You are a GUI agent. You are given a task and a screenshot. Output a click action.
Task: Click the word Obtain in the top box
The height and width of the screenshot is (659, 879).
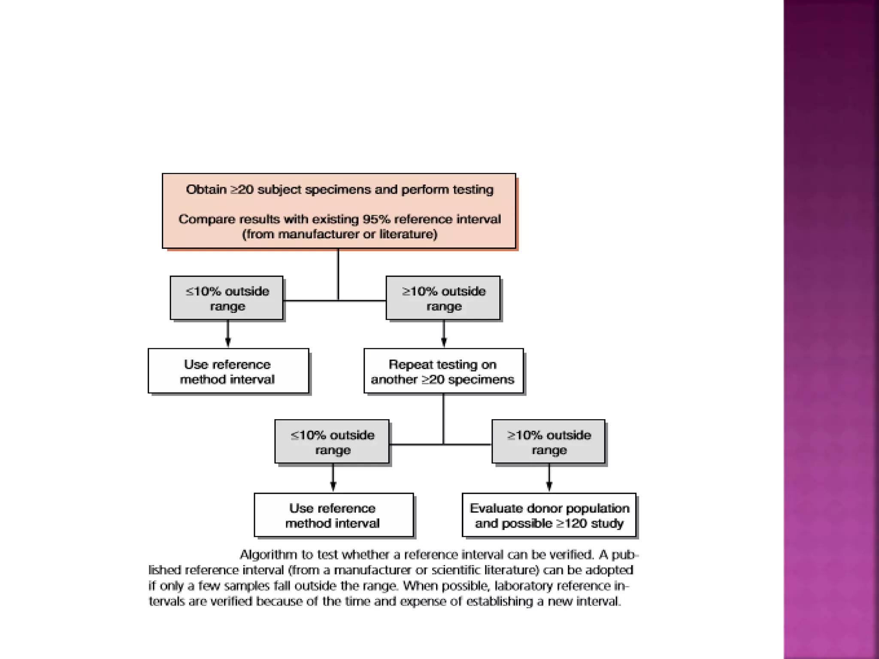(206, 190)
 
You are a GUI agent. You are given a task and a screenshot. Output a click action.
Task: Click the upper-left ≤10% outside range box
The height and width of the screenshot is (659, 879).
(227, 298)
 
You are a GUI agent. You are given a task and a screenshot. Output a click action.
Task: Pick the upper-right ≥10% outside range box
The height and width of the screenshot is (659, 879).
(443, 298)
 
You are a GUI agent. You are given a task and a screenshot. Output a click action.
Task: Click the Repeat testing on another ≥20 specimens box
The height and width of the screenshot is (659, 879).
(443, 371)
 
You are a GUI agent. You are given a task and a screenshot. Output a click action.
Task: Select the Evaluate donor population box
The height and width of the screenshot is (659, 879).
(549, 515)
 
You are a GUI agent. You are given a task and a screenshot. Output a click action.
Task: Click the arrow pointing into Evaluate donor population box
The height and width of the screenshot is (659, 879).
(549, 484)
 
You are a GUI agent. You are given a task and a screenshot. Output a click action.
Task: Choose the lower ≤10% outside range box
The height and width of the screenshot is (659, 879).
(332, 442)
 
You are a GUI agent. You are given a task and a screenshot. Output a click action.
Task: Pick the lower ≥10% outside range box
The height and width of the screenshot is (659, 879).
(549, 442)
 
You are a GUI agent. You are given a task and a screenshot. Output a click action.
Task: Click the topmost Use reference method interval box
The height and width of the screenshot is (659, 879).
(228, 371)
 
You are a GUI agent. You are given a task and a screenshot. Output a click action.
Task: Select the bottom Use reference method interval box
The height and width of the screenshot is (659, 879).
(333, 515)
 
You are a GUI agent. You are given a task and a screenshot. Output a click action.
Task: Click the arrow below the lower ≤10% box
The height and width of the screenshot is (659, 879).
(333, 484)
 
